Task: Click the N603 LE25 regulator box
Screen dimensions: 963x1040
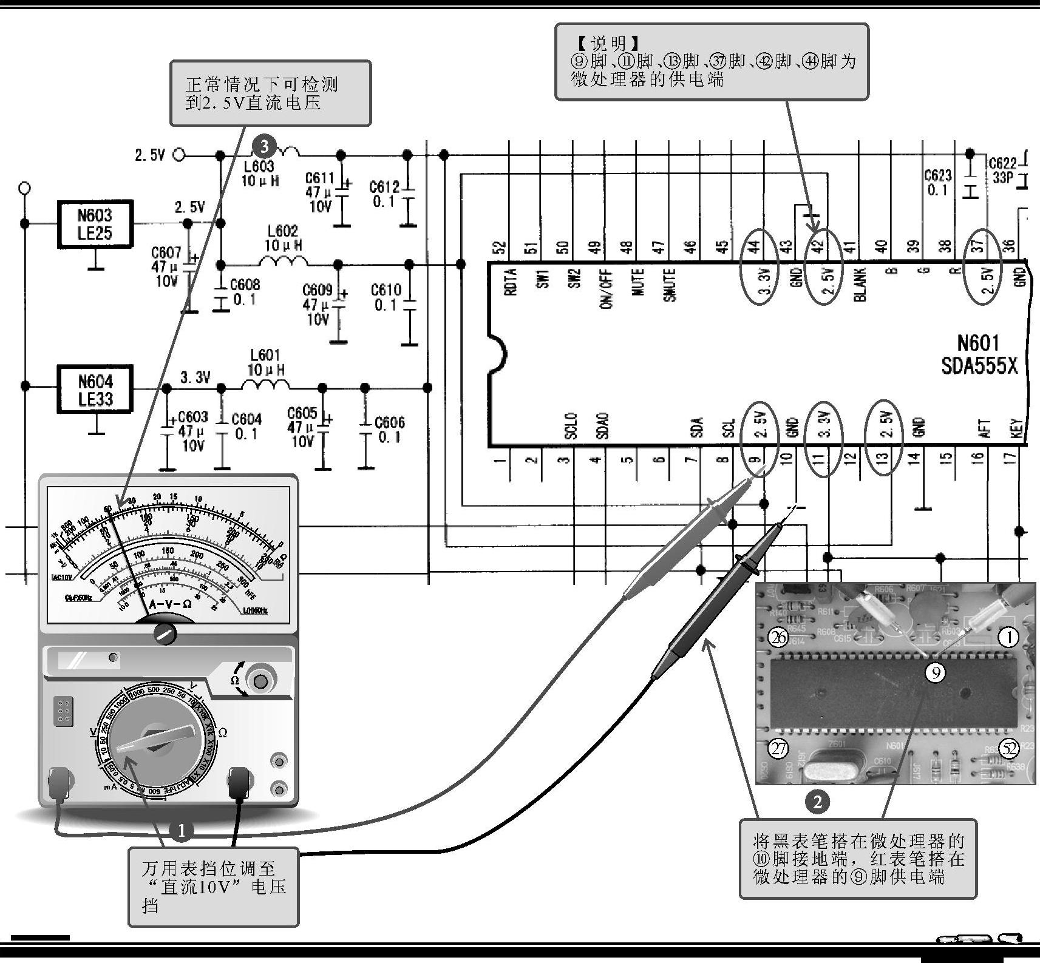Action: click(x=94, y=224)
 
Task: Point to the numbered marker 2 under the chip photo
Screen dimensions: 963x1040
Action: click(x=817, y=802)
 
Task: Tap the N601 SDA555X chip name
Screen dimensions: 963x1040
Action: click(x=978, y=355)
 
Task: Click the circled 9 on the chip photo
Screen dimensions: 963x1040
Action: click(x=936, y=672)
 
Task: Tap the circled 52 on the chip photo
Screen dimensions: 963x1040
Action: click(x=1008, y=749)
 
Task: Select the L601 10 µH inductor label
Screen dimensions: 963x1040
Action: click(x=265, y=362)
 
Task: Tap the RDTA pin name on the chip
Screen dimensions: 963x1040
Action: click(x=510, y=282)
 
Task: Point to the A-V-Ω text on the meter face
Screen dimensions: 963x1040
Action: click(x=169, y=604)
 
